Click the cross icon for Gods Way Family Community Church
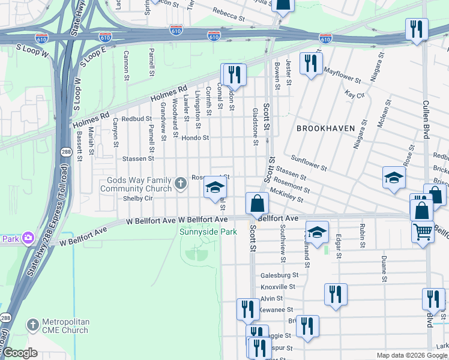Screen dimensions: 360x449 [181, 182]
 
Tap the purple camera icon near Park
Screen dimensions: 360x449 [28, 238]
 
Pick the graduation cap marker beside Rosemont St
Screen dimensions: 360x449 [215, 188]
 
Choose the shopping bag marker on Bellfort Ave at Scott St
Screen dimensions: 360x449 [257, 204]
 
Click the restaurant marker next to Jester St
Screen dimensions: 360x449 [311, 63]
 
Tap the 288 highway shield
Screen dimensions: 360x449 [65, 154]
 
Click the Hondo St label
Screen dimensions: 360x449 [196, 138]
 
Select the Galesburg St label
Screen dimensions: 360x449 [280, 275]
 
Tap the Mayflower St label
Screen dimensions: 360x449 [342, 76]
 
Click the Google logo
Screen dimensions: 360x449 [20, 353]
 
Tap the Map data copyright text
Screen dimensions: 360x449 [412, 355]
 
